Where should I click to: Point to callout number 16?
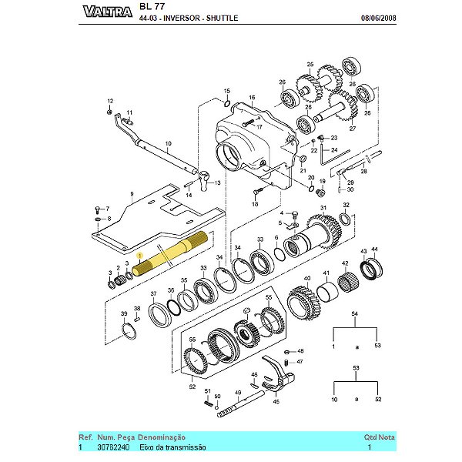[251, 99]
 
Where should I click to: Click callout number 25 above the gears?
[310, 64]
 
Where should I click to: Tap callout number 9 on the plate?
[132, 196]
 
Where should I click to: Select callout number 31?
[323, 208]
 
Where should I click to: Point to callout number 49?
[238, 393]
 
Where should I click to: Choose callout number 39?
[124, 314]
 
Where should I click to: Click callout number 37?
[153, 294]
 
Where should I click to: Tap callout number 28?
[364, 172]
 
